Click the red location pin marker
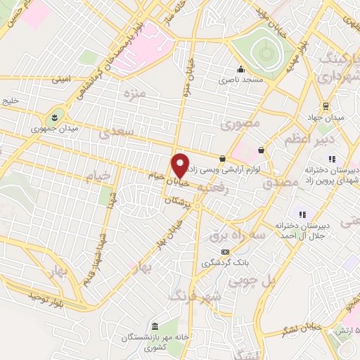coord(181,166)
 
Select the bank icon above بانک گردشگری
coord(225,251)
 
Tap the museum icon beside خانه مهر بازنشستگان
coord(155,324)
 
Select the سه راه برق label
coord(258,237)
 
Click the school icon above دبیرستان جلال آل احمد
coord(302,214)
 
